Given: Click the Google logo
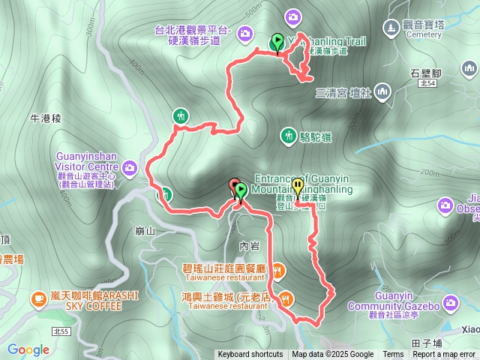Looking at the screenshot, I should (28, 349).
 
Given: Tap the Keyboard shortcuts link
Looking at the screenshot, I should (250, 355).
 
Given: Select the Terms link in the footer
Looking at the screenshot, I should (393, 355).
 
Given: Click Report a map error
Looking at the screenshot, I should (445, 355).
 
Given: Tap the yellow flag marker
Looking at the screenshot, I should (298, 187).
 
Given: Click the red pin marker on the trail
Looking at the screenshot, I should (234, 187).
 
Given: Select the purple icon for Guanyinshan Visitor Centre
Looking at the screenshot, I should (130, 166).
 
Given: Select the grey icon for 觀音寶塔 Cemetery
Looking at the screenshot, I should (391, 28).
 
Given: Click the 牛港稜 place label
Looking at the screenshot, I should (45, 118).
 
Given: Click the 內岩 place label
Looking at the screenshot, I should (249, 245).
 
